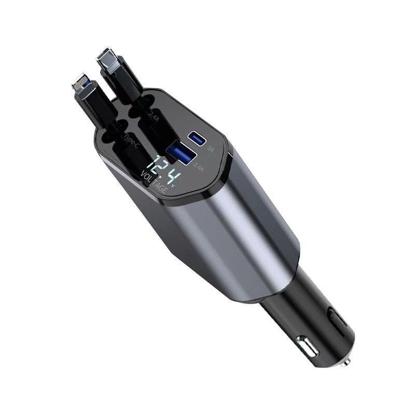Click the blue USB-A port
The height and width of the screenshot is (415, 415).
point(182,154)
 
